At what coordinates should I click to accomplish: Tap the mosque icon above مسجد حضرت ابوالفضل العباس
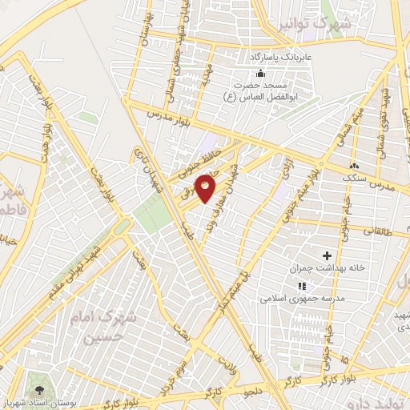(259, 74)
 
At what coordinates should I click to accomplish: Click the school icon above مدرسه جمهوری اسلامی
(301, 285)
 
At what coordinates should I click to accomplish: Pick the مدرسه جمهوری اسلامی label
(301, 298)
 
